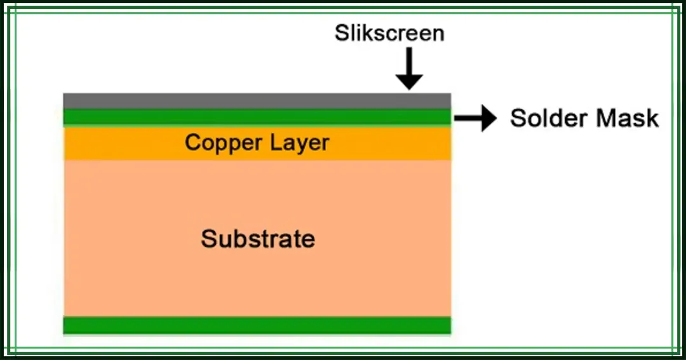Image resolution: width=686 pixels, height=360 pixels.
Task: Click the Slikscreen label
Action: (x=389, y=33)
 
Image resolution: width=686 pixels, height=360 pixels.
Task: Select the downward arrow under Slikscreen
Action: (x=409, y=68)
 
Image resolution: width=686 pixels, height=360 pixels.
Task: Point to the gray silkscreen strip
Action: (x=257, y=101)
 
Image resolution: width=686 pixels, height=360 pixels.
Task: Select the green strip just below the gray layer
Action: (x=257, y=117)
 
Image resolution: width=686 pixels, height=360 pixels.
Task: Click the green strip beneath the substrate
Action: (x=257, y=325)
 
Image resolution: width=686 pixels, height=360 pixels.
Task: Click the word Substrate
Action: (x=258, y=239)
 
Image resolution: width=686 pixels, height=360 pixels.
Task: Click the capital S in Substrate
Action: (x=208, y=239)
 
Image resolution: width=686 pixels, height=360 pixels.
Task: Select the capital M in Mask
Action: (x=604, y=118)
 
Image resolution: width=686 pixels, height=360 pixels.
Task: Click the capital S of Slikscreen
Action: (x=342, y=33)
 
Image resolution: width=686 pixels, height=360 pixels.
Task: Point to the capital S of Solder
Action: (x=518, y=118)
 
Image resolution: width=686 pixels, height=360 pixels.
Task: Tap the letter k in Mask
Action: (x=652, y=118)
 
